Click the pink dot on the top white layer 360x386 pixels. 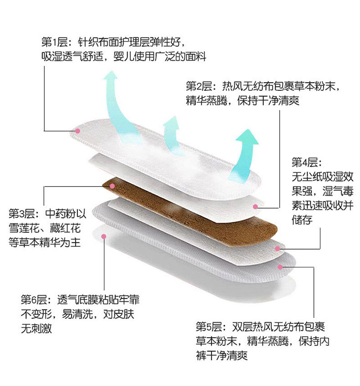(78, 131)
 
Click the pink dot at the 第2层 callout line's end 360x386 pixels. (256, 207)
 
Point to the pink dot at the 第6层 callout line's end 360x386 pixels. (104, 236)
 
